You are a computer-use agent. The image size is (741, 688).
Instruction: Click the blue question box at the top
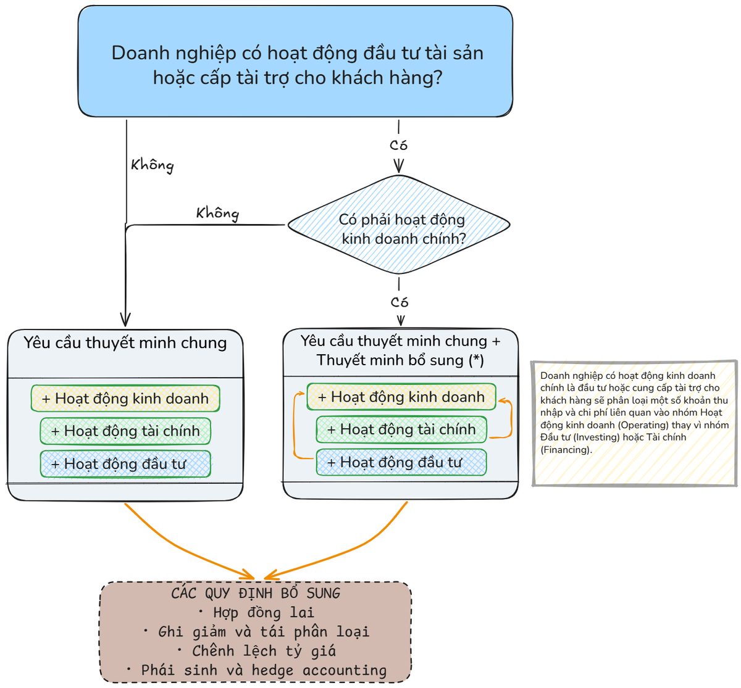pyautogui.click(x=295, y=61)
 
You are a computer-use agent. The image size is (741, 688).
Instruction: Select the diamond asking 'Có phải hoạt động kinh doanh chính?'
pyautogui.click(x=399, y=225)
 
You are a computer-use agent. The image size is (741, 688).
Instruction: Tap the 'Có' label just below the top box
pyautogui.click(x=398, y=145)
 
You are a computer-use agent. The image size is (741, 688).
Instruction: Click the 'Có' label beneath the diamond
pyautogui.click(x=400, y=302)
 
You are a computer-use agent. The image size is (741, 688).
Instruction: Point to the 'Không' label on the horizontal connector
pyautogui.click(x=217, y=213)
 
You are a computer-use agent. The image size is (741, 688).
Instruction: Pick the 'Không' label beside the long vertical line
pyautogui.click(x=153, y=165)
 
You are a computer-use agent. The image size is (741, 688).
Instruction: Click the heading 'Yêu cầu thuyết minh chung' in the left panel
pyautogui.click(x=125, y=342)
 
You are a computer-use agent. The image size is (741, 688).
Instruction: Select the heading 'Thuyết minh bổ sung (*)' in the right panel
pyautogui.click(x=400, y=360)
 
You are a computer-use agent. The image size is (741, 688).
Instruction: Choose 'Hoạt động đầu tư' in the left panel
pyautogui.click(x=125, y=464)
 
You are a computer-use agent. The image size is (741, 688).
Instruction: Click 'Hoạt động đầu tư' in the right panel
pyautogui.click(x=401, y=462)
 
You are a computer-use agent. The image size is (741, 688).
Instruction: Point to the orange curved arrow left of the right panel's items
pyautogui.click(x=295, y=425)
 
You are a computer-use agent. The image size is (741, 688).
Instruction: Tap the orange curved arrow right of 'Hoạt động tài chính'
pyautogui.click(x=511, y=418)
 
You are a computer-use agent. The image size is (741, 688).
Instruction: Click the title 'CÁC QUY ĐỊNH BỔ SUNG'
pyautogui.click(x=256, y=593)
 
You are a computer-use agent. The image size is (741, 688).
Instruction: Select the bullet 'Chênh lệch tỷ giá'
pyautogui.click(x=257, y=651)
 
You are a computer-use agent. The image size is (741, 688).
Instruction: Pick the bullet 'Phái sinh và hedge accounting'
pyautogui.click(x=257, y=670)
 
